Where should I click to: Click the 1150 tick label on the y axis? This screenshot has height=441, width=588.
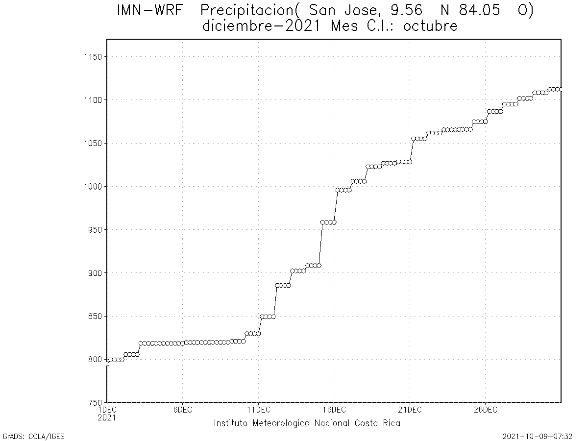(93, 57)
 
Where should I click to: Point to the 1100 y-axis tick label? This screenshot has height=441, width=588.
(93, 100)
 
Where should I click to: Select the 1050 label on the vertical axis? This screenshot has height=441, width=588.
(93, 143)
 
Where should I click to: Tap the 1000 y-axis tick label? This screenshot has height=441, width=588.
(93, 186)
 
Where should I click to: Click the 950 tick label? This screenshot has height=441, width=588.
(95, 229)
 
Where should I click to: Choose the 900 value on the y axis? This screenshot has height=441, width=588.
(95, 273)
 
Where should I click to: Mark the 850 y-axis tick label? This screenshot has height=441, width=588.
(95, 316)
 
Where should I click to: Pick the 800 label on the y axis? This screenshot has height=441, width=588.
(95, 359)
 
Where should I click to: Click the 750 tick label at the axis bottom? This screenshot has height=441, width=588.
(95, 402)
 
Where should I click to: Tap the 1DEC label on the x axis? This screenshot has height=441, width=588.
(107, 410)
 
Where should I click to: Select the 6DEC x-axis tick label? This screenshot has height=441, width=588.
(182, 410)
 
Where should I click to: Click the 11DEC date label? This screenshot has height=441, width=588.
(258, 410)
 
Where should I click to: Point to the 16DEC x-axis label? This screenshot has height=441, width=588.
(334, 410)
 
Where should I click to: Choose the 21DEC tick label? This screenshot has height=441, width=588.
(410, 410)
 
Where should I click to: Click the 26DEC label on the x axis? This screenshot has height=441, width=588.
(485, 410)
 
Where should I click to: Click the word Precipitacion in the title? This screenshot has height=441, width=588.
(250, 11)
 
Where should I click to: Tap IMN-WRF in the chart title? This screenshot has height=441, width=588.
(148, 11)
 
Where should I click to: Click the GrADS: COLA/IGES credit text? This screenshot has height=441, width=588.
(33, 436)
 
